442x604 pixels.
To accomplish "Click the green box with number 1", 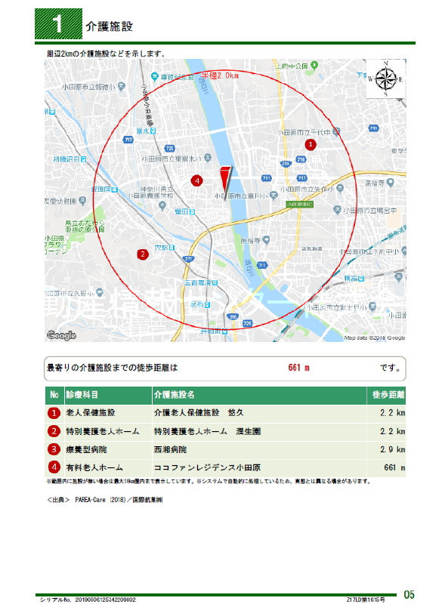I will (x=59, y=25).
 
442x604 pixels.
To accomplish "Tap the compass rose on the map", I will (x=385, y=79).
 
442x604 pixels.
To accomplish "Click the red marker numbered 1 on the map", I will (x=310, y=143).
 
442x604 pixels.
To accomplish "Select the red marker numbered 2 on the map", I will (x=142, y=254).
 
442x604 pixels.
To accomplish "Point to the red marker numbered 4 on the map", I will (x=196, y=180).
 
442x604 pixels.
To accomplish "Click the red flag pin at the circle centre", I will (x=224, y=179).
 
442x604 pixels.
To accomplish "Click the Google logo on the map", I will (x=61, y=335).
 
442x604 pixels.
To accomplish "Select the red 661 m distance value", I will (x=299, y=368).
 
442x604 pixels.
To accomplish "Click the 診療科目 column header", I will (x=83, y=395).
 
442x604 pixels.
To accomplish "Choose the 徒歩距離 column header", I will (x=388, y=395).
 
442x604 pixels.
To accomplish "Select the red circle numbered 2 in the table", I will (x=54, y=431).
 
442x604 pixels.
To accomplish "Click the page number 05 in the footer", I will (x=409, y=593).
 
